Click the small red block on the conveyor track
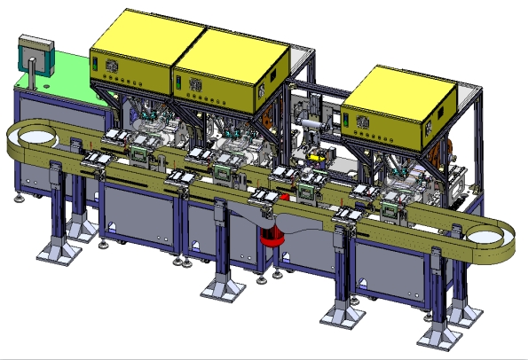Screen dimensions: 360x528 click(x=284, y=197)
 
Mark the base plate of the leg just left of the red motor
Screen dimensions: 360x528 click(x=218, y=288)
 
